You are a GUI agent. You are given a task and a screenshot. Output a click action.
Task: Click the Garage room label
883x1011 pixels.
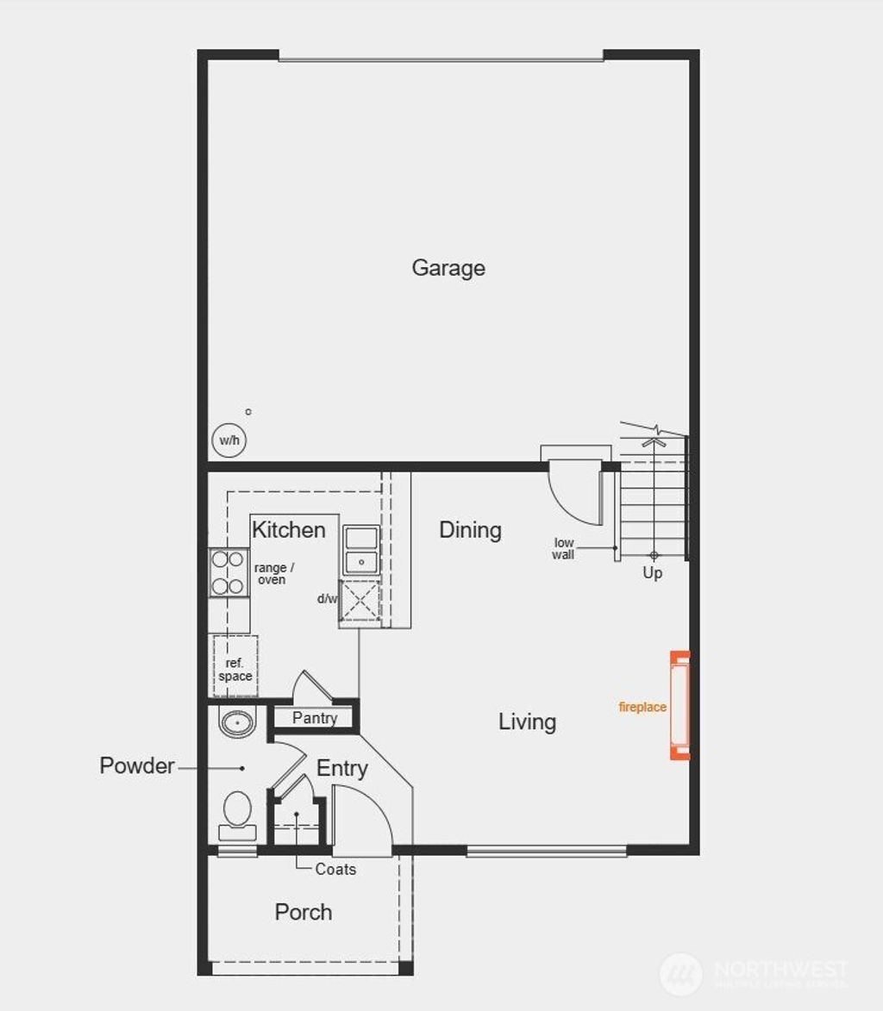click(448, 268)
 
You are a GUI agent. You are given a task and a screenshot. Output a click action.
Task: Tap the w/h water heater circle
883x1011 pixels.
click(229, 440)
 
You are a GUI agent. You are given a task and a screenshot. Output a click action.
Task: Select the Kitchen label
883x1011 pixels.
click(289, 529)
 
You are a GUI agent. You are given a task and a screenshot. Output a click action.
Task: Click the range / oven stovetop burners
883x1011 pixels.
click(229, 573)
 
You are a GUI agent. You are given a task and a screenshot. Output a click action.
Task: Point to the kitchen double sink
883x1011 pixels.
click(361, 551)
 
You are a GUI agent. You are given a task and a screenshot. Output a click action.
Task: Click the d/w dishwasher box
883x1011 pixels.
click(360, 600)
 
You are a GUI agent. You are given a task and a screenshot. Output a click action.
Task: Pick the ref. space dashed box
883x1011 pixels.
click(235, 665)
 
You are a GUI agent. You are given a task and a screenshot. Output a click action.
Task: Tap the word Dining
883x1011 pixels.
click(470, 529)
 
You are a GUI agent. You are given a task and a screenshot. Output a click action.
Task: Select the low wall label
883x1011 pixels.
click(564, 548)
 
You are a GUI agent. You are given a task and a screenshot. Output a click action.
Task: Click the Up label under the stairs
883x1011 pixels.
click(653, 572)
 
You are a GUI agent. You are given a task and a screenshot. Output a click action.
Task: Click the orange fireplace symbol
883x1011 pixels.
click(680, 705)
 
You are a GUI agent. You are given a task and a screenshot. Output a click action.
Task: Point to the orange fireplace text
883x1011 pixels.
click(642, 707)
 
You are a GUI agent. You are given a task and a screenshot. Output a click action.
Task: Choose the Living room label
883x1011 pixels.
click(527, 721)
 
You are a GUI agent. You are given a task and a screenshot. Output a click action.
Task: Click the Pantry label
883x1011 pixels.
click(315, 718)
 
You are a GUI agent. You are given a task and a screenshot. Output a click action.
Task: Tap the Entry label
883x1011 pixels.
click(342, 768)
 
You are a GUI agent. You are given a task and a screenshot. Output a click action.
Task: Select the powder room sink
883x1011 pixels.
click(236, 721)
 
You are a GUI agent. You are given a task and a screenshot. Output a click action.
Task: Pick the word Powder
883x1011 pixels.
click(137, 765)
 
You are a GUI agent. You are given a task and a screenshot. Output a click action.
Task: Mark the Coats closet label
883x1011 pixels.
click(335, 869)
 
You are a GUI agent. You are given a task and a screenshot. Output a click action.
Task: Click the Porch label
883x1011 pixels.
click(304, 912)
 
